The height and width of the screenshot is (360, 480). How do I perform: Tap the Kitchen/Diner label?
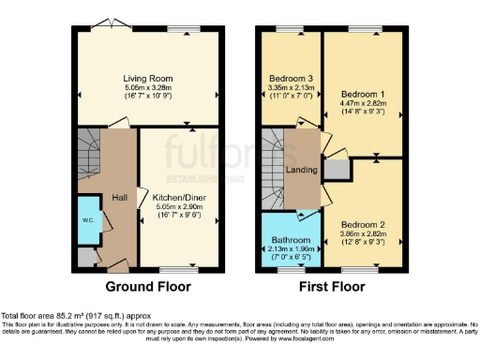(x=179, y=198)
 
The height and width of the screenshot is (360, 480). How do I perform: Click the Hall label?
(x=120, y=198)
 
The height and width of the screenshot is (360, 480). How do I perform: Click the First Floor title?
(x=333, y=287)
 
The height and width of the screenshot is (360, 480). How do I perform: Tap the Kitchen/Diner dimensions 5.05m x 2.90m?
(x=179, y=208)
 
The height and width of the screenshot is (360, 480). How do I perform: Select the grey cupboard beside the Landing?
(x=336, y=170)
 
